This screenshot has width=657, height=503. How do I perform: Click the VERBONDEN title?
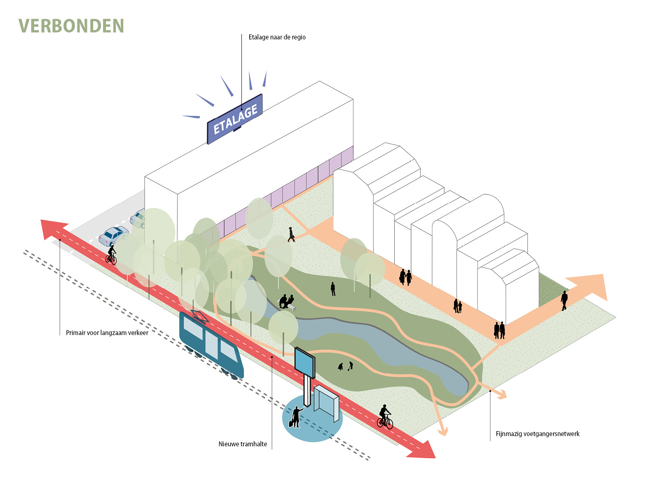point(71,26)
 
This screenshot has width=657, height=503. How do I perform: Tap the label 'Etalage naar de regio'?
point(277,37)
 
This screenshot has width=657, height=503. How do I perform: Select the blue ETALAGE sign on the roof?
point(235,119)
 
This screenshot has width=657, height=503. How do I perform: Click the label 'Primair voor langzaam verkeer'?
point(107,333)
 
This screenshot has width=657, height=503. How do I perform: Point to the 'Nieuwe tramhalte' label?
point(243,444)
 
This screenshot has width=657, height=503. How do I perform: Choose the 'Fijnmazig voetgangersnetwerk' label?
point(538,434)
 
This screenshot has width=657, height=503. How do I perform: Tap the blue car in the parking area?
point(113,236)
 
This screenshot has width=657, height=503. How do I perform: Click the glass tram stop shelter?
point(326,404)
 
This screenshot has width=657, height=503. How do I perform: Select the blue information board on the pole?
point(305,362)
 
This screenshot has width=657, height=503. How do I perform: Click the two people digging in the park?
point(345,366)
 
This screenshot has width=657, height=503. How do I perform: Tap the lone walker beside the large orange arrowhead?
point(564,300)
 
